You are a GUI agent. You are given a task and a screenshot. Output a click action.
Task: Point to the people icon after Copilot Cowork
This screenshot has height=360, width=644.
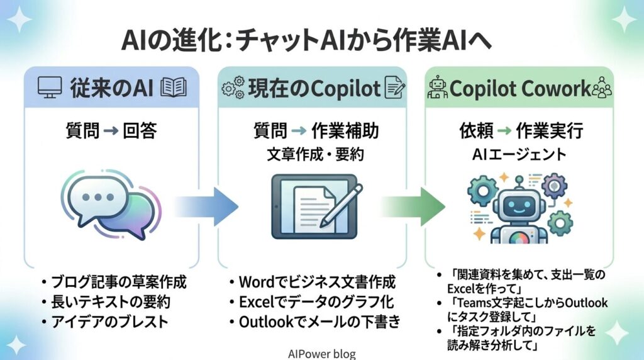point(602,87)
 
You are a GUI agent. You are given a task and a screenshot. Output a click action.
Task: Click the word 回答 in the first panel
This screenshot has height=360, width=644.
point(139,131)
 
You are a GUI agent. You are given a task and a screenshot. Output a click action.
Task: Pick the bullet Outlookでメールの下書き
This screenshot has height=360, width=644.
point(314,322)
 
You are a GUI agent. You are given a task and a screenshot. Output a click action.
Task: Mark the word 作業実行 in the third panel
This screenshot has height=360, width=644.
point(550,131)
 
